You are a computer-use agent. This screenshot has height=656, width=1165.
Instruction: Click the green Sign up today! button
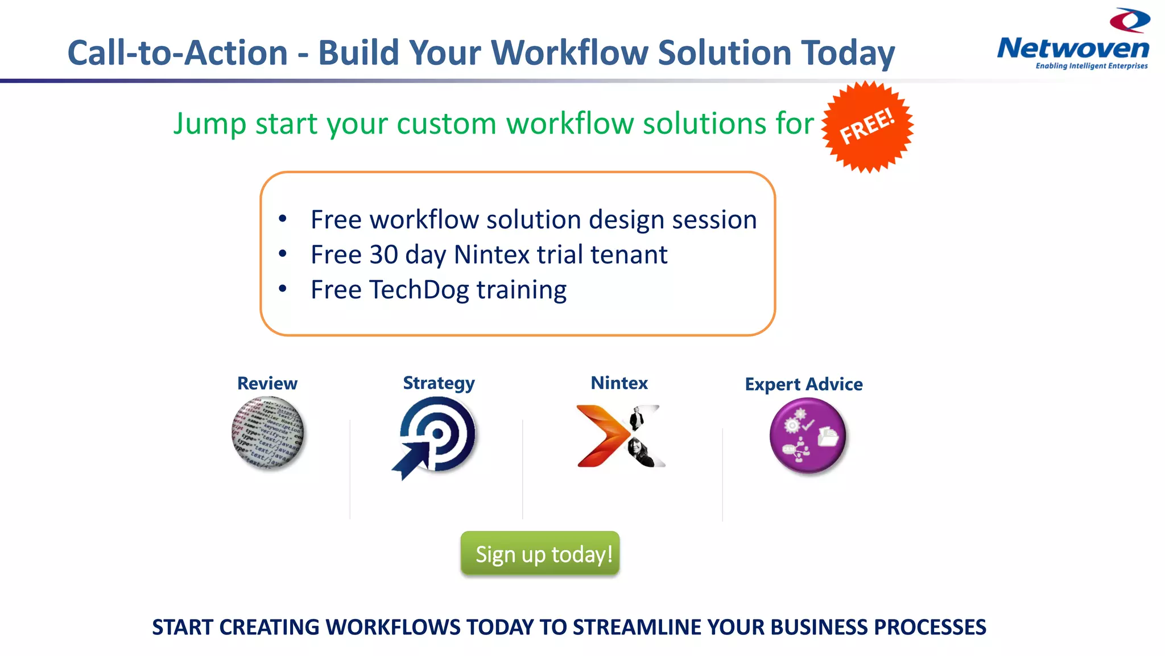(x=540, y=553)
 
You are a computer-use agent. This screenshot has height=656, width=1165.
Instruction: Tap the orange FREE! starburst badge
(x=867, y=126)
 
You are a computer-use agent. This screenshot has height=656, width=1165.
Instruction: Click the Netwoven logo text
(x=1073, y=48)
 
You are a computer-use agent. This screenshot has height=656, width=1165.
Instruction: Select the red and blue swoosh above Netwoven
(x=1130, y=20)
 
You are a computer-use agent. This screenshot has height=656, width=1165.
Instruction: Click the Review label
(x=267, y=383)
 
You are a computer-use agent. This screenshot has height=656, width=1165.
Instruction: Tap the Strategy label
(x=439, y=383)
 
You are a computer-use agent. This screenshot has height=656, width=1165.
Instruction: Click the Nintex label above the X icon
(x=619, y=383)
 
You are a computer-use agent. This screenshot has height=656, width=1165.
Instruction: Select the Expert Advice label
(x=803, y=384)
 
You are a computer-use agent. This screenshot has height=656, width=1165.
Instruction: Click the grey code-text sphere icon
(x=268, y=433)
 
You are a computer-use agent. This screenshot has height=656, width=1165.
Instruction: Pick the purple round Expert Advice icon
(x=807, y=436)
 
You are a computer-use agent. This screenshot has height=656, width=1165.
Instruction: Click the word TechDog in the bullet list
(x=419, y=290)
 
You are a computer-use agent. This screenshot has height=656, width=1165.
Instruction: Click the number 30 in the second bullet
(x=383, y=255)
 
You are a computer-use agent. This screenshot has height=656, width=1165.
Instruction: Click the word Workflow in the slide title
(x=569, y=53)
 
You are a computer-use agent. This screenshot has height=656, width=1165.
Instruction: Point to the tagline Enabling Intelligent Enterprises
(x=1091, y=66)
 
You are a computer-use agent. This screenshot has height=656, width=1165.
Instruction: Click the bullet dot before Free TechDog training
(x=283, y=289)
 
